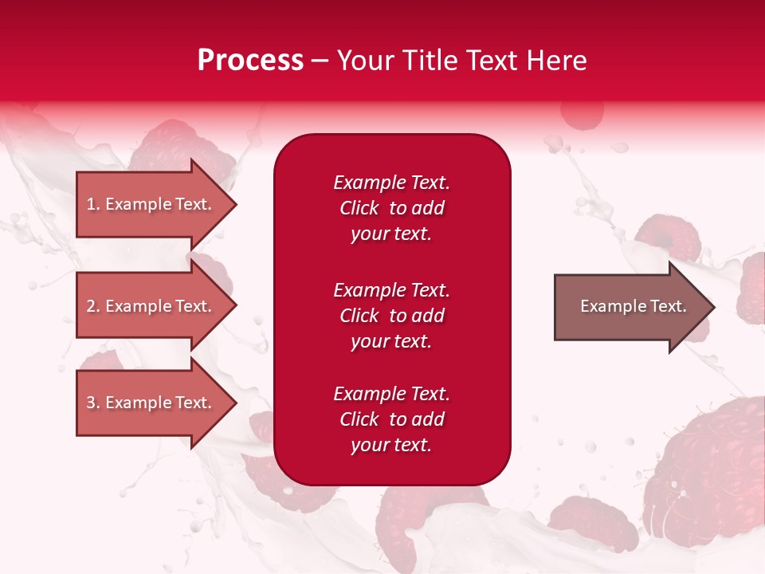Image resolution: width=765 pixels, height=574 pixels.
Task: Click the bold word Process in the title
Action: tap(250, 61)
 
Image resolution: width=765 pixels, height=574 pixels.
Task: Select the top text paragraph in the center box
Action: tap(391, 208)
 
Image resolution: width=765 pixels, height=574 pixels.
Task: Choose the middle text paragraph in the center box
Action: tap(391, 315)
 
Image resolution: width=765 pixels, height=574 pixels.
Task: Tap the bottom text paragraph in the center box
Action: tap(391, 419)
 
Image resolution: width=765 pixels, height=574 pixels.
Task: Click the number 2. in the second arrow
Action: tap(93, 306)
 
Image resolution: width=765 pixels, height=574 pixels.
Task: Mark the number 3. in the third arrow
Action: tap(93, 403)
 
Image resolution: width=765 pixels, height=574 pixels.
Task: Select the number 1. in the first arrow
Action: tap(93, 204)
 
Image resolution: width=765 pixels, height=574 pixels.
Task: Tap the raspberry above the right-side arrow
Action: tap(668, 238)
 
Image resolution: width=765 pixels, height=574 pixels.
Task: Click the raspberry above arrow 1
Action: tap(167, 143)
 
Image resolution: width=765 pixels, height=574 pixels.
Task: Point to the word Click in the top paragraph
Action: tap(359, 208)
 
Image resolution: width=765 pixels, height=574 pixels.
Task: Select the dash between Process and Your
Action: tap(320, 61)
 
